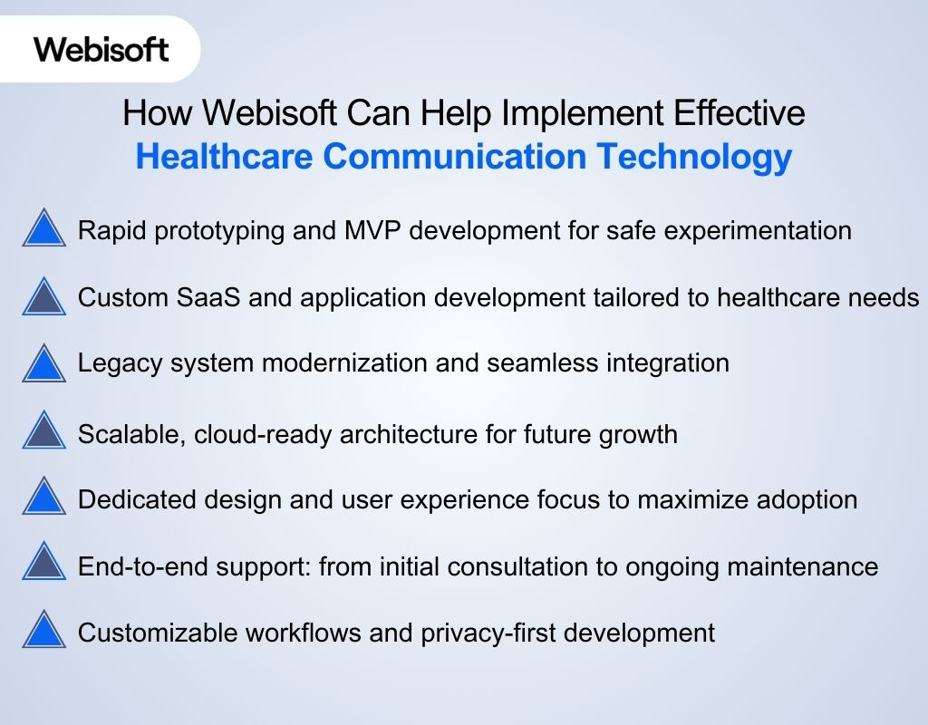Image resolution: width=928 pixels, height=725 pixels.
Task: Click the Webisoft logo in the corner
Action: (101, 48)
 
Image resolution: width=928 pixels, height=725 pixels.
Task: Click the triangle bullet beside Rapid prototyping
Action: (43, 230)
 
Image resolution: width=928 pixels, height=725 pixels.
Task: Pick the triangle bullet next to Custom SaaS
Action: (43, 297)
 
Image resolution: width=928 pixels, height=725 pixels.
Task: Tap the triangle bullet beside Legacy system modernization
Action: (43, 364)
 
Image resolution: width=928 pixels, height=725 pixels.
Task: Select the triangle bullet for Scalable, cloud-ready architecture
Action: (43, 431)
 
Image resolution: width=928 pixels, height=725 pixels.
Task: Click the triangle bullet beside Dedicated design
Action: (43, 498)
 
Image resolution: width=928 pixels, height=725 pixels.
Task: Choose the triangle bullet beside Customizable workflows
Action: (43, 631)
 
